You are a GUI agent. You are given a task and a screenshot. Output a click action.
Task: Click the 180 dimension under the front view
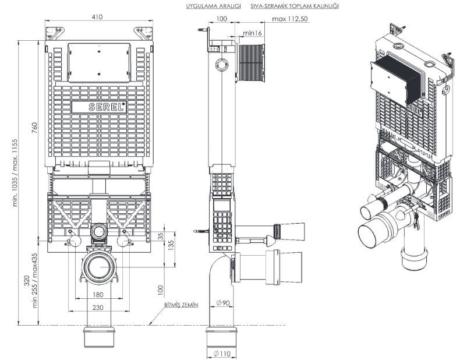point(98,295)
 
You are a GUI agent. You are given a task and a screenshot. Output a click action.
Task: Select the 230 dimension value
point(98,308)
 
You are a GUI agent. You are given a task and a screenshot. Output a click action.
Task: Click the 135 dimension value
point(172,243)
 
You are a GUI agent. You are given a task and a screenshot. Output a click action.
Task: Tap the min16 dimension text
point(252,33)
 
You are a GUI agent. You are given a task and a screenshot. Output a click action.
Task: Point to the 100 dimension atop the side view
point(221,19)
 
